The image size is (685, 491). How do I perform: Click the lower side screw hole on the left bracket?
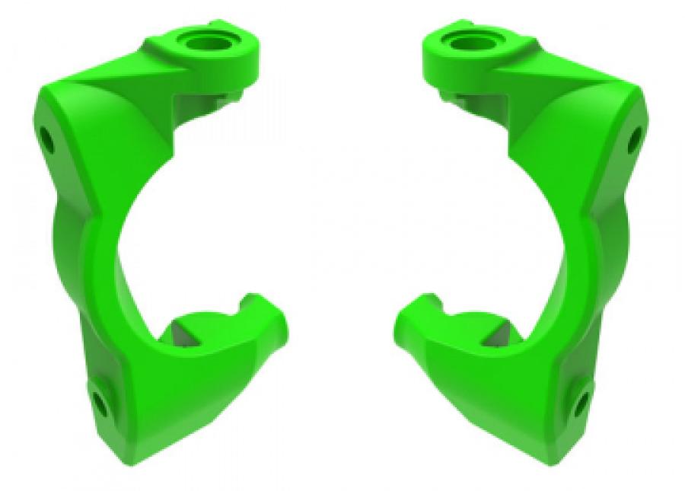click(x=99, y=400)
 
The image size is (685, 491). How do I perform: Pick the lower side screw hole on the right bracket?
click(x=582, y=400)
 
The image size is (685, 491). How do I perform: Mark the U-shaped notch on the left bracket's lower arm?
click(x=248, y=304)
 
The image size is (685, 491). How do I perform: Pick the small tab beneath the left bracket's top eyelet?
click(x=229, y=94)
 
